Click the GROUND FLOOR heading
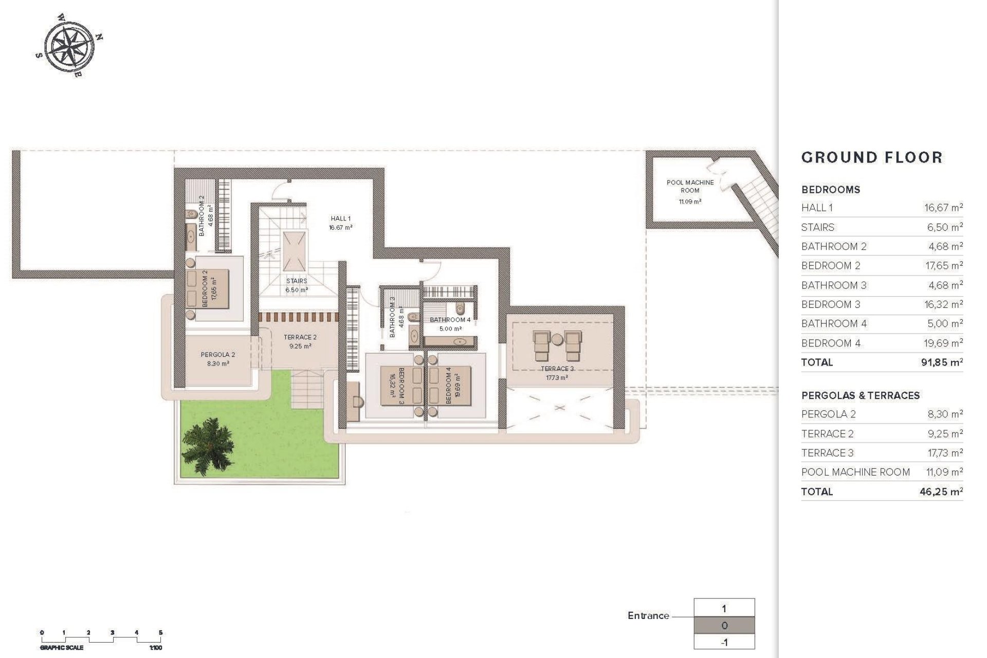[872, 157]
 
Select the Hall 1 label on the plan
[341, 218]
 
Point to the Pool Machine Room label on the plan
[690, 186]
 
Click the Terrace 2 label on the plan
[300, 337]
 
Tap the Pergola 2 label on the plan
[218, 355]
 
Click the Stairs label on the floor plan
[297, 281]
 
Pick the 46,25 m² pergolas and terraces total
[941, 491]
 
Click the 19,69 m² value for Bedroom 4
[943, 343]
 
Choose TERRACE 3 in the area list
[827, 453]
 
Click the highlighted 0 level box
[724, 626]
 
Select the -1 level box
[724, 643]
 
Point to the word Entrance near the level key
[648, 615]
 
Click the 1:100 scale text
[155, 648]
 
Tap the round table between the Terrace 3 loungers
[558, 339]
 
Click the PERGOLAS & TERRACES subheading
[860, 395]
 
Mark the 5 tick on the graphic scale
[161, 633]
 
